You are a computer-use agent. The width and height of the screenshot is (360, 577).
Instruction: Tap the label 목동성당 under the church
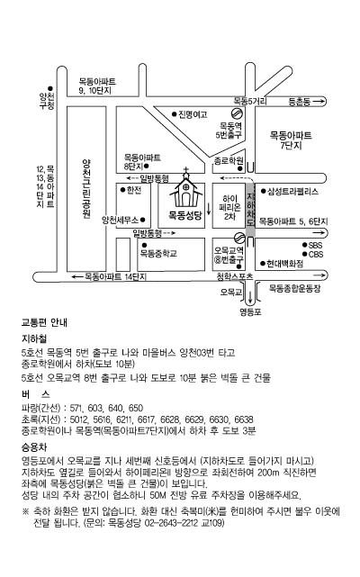tap(185, 215)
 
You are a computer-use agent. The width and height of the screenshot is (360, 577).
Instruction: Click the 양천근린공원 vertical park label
tap(86, 189)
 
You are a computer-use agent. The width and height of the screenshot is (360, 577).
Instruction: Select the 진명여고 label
tap(193, 114)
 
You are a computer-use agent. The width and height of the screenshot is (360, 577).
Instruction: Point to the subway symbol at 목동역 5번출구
tap(237, 113)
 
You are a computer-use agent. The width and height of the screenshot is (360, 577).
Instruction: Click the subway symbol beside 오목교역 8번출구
tap(239, 238)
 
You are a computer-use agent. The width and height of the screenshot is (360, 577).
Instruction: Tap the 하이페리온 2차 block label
tap(230, 208)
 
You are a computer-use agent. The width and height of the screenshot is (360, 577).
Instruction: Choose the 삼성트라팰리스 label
tap(292, 192)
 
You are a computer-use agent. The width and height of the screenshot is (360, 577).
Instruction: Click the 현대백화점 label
tap(285, 264)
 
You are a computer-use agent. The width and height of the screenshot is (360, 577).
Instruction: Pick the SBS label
tap(316, 245)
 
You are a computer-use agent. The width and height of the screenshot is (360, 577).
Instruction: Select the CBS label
tap(316, 254)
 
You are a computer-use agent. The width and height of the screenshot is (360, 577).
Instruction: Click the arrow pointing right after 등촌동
tap(319, 101)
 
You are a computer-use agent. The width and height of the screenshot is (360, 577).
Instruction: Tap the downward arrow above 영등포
tap(250, 296)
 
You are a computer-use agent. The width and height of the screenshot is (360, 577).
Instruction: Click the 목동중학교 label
tap(158, 254)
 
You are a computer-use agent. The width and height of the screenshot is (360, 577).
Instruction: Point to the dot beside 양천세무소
tap(143, 220)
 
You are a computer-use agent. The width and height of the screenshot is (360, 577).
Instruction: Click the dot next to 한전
tap(123, 190)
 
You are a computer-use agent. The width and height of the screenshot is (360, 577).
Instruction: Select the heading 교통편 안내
tap(44, 323)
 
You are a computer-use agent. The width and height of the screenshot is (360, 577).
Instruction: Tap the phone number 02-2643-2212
tap(178, 523)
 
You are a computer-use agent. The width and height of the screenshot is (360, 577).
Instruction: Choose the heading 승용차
tap(34, 447)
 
